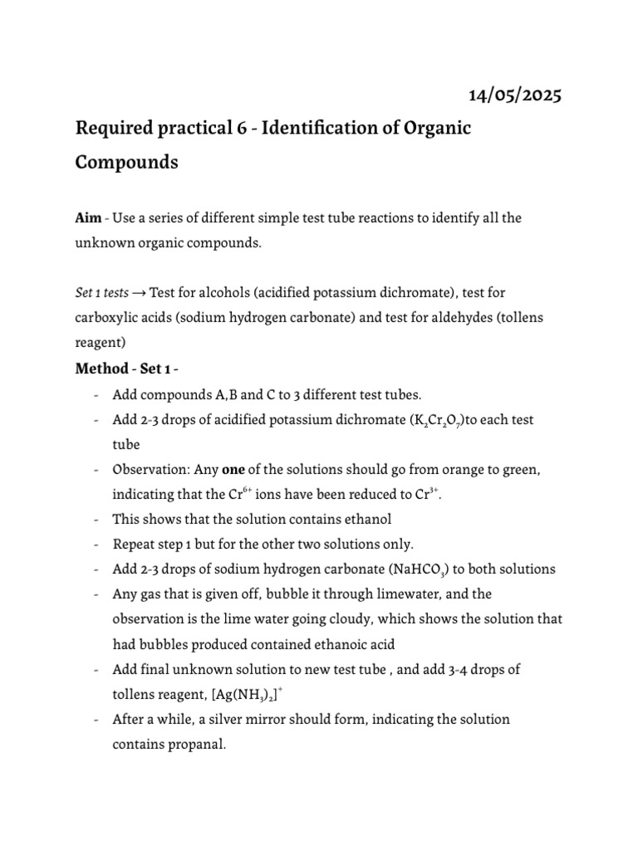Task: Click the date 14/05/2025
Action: [515, 95]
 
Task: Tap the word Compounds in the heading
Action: [126, 162]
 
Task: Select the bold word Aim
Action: [88, 217]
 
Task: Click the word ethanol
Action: [367, 520]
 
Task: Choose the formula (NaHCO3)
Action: [404, 569]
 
